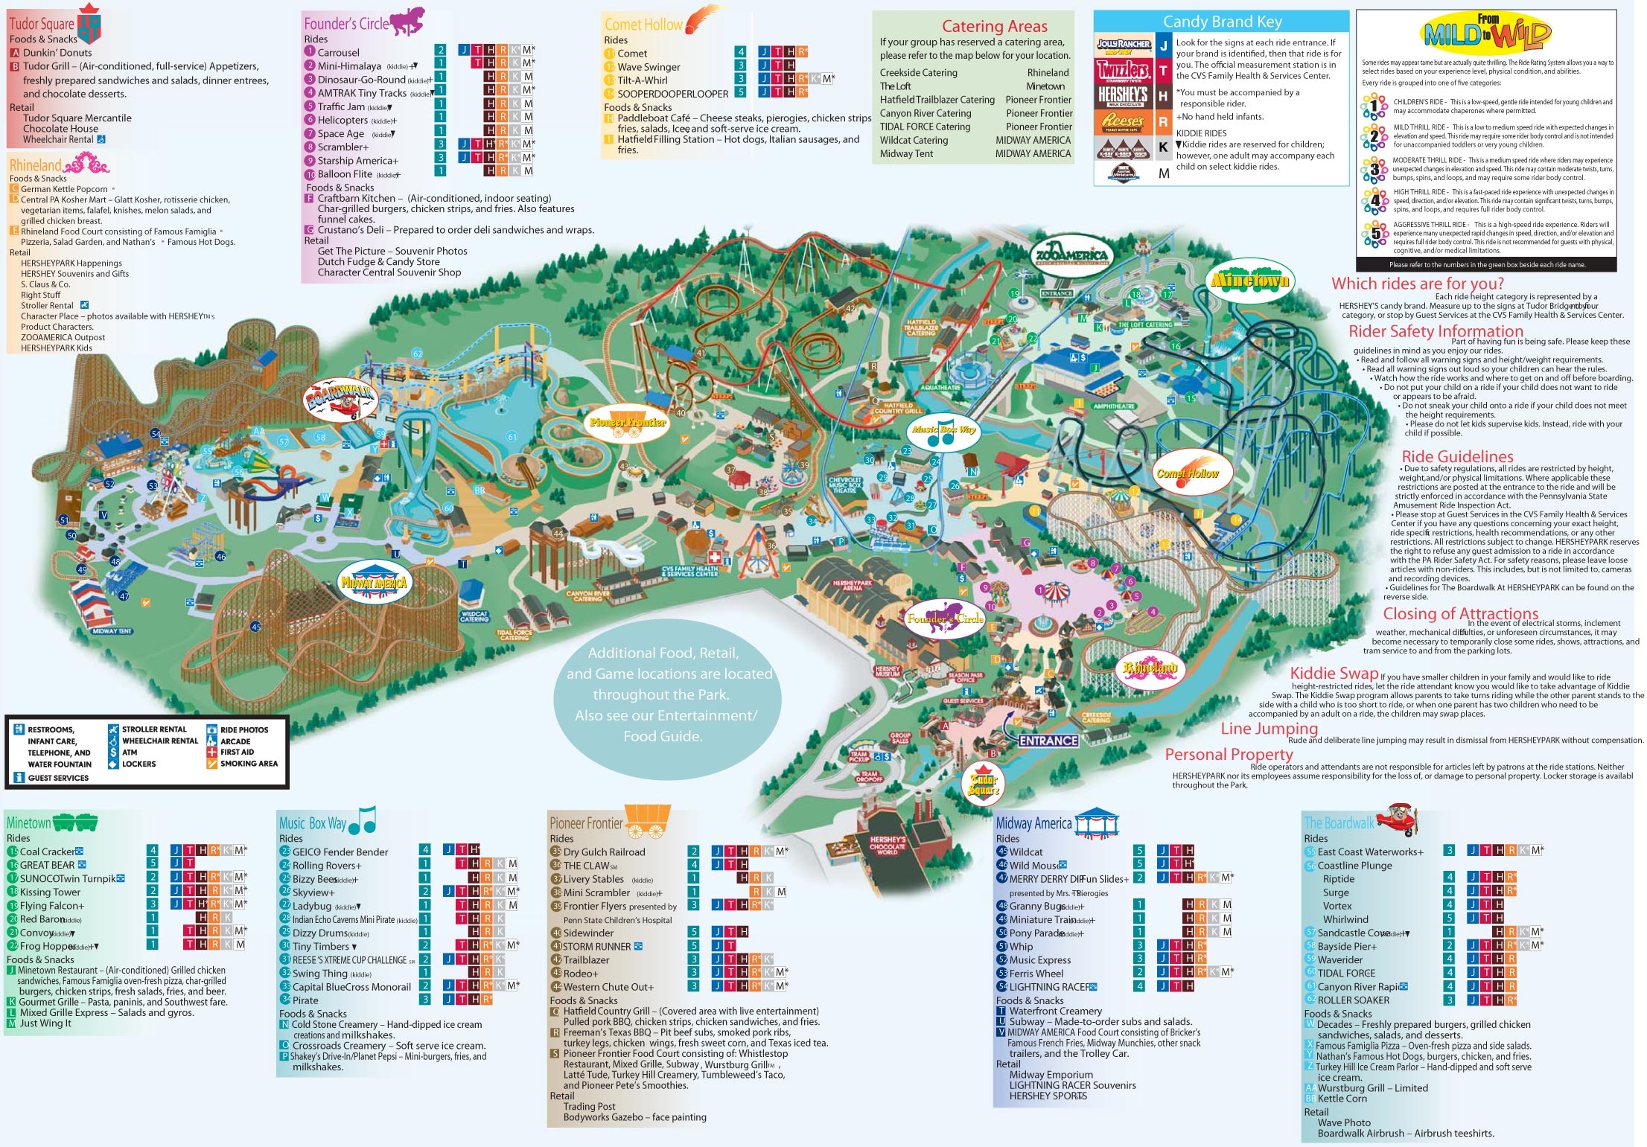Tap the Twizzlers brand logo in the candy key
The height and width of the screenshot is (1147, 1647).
click(1123, 70)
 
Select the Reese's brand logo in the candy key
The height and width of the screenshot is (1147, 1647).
click(1123, 121)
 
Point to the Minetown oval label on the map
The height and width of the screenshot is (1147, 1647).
click(1250, 281)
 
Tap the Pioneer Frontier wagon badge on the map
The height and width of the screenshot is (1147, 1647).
click(627, 421)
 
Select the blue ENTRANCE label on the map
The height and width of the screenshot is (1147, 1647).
click(1048, 741)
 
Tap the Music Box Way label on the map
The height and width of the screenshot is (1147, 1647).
click(943, 431)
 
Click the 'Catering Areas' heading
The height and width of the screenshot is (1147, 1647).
click(994, 27)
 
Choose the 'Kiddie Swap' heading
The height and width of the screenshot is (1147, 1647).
click(1334, 673)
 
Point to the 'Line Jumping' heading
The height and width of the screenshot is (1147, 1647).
click(1269, 729)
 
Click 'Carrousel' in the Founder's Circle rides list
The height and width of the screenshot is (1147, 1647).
click(338, 53)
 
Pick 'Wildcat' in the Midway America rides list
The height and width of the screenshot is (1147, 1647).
click(1025, 852)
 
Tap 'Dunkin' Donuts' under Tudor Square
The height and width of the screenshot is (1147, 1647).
click(57, 53)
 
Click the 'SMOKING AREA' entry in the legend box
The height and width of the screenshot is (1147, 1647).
click(249, 764)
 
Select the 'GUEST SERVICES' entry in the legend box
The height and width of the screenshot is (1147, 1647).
click(58, 778)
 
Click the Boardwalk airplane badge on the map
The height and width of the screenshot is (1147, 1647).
click(340, 397)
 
